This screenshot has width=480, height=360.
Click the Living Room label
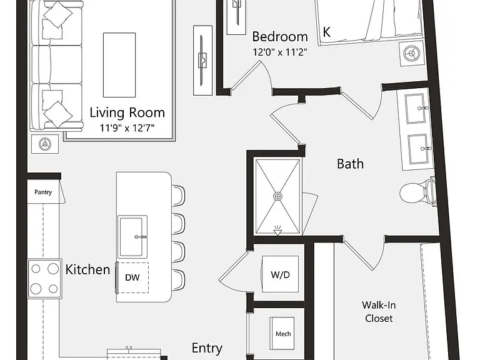[127, 112]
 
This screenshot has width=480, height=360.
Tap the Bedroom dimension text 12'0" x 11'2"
[280, 52]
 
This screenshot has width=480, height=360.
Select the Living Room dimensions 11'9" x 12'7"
[127, 127]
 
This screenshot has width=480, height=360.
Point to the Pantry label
[43, 192]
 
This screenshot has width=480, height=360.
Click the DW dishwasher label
[132, 277]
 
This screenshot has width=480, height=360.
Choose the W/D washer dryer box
[280, 274]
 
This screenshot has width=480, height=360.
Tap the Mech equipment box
[282, 333]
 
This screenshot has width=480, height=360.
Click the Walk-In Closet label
[379, 312]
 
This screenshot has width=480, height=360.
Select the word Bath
[350, 164]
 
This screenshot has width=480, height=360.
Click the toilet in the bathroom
[417, 192]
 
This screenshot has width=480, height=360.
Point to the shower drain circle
[277, 196]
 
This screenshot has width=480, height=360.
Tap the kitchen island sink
[132, 237]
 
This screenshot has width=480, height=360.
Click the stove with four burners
[45, 279]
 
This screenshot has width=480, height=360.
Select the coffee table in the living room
[119, 65]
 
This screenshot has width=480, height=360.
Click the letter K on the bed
[327, 32]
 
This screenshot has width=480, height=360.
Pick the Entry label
[207, 348]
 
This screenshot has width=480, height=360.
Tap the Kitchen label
[88, 270]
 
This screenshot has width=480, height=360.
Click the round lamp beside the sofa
[45, 144]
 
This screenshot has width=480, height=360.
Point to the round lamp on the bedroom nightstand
[412, 54]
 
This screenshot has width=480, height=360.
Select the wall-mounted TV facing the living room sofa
[202, 60]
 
